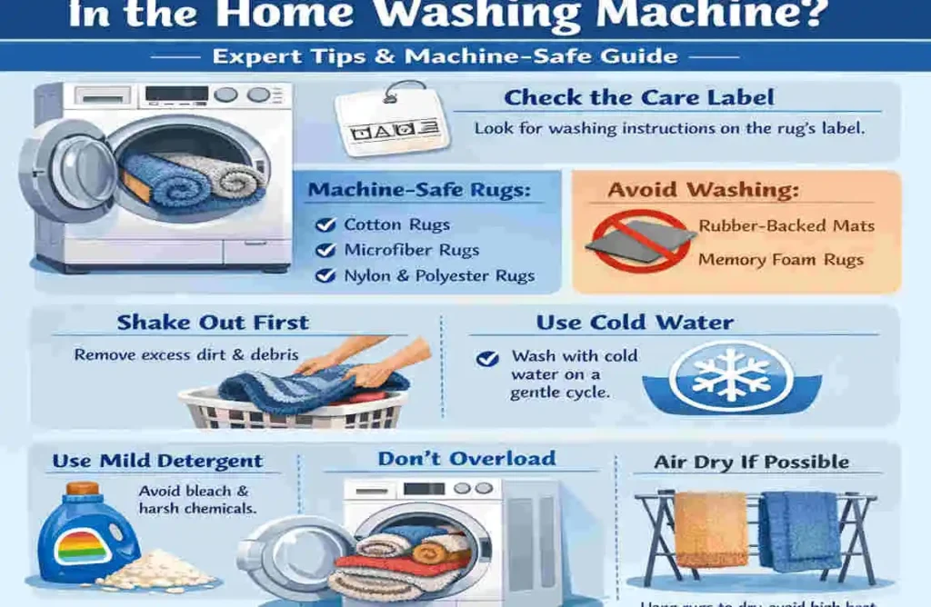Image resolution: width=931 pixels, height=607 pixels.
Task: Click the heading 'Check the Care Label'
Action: (639, 98)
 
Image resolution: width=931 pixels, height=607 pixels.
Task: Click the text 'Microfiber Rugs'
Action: (411, 250)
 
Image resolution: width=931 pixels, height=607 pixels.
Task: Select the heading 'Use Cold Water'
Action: (635, 323)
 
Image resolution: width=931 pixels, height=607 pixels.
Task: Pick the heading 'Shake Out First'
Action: (213, 323)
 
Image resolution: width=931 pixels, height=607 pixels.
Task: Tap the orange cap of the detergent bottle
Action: (83, 489)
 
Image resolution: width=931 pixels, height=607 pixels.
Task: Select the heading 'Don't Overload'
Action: (466, 459)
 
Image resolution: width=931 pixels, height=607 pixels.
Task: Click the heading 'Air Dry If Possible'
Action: (752, 463)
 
